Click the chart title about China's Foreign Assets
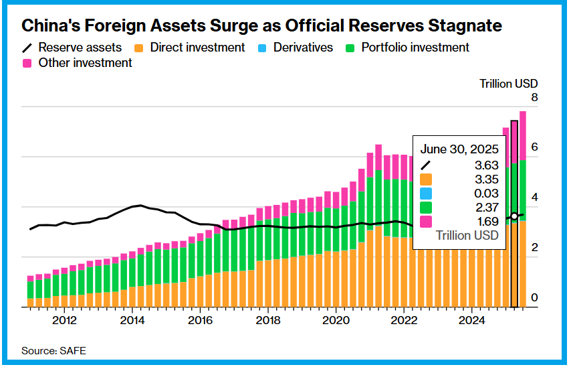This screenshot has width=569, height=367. pyautogui.click(x=261, y=26)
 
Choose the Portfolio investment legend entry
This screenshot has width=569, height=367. pyautogui.click(x=407, y=48)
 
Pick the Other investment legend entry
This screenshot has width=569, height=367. pyautogui.click(x=78, y=63)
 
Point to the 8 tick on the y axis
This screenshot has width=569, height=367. pyautogui.click(x=534, y=98)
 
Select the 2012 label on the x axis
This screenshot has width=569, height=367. pyautogui.click(x=64, y=319)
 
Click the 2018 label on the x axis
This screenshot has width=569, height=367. pyautogui.click(x=268, y=319)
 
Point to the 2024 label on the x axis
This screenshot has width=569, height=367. pyautogui.click(x=472, y=319)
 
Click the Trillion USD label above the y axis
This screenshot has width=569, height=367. pyautogui.click(x=509, y=84)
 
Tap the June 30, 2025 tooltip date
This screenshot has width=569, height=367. pyautogui.click(x=459, y=149)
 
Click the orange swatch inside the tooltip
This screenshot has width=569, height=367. pyautogui.click(x=425, y=179)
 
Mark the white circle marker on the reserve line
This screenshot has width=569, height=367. pyautogui.click(x=514, y=216)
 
